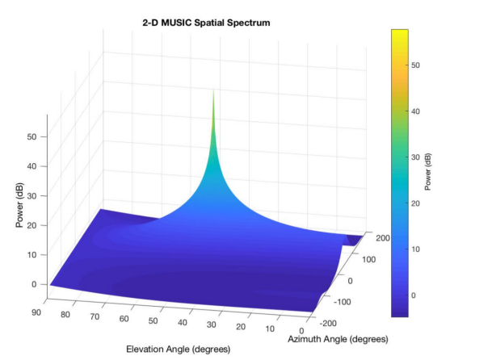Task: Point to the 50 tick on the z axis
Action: click(x=33, y=136)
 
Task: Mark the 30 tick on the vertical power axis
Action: click(x=33, y=196)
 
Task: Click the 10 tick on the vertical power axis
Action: click(x=33, y=255)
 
